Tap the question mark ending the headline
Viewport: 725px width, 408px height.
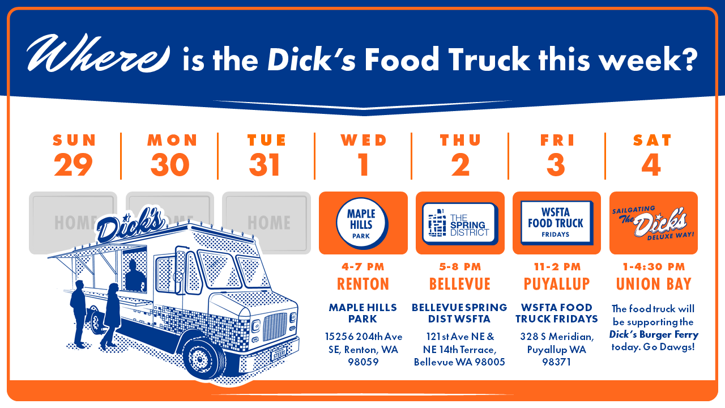click(687, 58)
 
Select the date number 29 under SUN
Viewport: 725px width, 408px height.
click(73, 164)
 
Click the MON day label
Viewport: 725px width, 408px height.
click(172, 140)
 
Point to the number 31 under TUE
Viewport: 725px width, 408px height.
click(265, 164)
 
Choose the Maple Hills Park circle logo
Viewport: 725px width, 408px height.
click(362, 223)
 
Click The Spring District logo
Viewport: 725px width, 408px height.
click(460, 223)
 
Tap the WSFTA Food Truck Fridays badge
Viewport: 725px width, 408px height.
click(557, 223)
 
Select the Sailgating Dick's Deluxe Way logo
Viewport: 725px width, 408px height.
click(653, 223)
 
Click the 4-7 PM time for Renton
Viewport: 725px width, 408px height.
click(363, 267)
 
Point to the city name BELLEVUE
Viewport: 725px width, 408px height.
click(460, 284)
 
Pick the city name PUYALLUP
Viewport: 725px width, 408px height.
click(557, 284)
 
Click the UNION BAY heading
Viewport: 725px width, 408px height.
click(654, 284)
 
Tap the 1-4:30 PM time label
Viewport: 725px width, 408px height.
click(654, 267)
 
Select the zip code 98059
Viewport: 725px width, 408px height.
click(363, 362)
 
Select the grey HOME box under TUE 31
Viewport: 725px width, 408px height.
click(266, 223)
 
